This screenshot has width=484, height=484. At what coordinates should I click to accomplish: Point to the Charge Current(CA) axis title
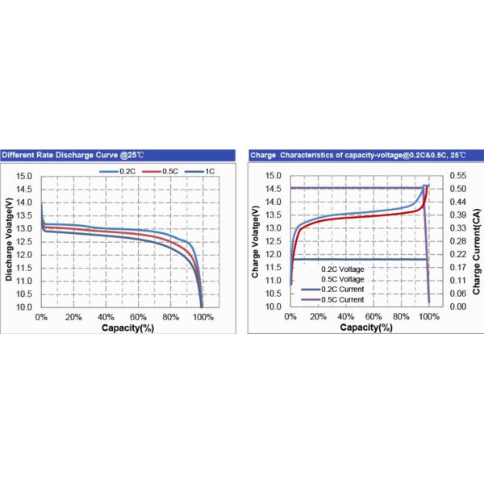(x=476, y=241)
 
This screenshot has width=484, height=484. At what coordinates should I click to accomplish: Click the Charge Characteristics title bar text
(x=361, y=154)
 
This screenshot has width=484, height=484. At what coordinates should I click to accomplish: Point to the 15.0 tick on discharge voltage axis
(x=24, y=176)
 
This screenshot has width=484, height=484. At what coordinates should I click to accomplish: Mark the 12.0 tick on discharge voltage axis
(x=24, y=255)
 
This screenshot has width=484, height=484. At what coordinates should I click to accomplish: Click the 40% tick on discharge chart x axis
(x=106, y=318)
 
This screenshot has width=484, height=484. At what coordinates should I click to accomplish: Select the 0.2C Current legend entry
(x=339, y=289)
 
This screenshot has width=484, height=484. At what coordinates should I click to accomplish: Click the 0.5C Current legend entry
(x=339, y=299)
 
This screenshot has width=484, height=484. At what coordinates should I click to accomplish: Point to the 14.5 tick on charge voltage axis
(x=273, y=189)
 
